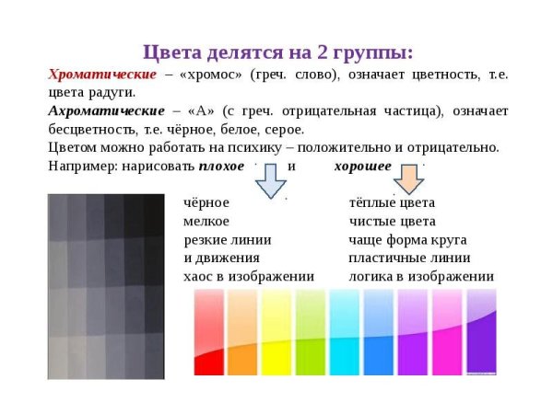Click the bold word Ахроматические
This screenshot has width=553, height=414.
[106, 110]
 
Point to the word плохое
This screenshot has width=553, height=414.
[221, 166]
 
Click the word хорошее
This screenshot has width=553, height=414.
[359, 166]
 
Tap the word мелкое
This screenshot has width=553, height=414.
[206, 222]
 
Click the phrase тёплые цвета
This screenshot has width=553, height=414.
[392, 202]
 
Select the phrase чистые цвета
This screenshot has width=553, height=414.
[392, 222]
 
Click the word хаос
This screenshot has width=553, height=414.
[199, 276]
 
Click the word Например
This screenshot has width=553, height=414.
[82, 166]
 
